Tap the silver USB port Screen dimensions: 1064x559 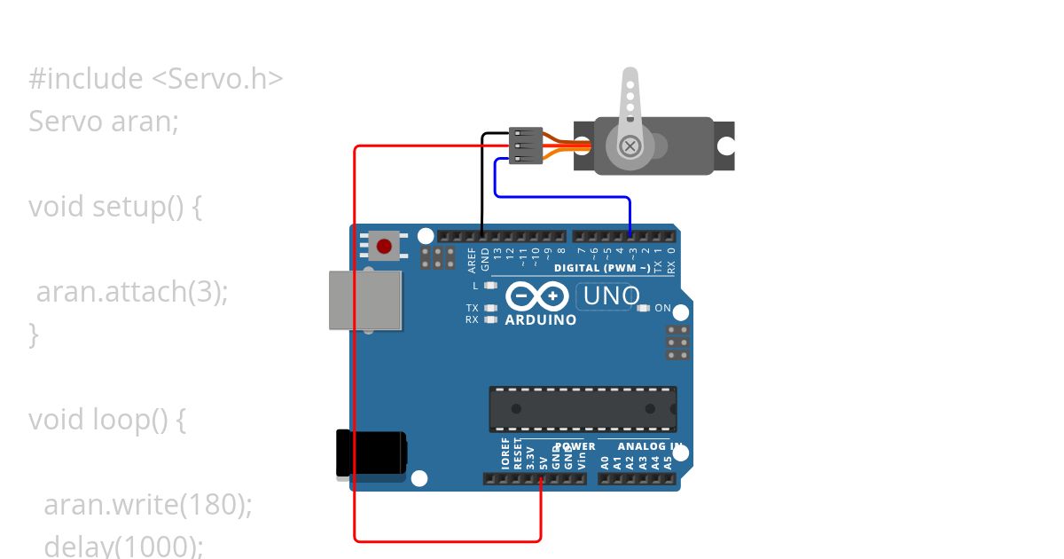[x=364, y=300]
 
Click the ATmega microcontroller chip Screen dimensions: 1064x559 [x=583, y=409]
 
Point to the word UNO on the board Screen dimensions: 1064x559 [x=611, y=295]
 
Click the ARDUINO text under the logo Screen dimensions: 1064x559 [x=540, y=319]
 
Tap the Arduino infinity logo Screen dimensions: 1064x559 [x=537, y=295]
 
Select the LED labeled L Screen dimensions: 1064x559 [x=491, y=286]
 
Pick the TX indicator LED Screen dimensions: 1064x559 [x=491, y=308]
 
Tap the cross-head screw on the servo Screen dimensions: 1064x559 [x=630, y=146]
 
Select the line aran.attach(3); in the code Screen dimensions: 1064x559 [x=132, y=292]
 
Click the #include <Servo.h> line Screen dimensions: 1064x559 [x=155, y=79]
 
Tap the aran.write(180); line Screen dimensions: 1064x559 [x=148, y=504]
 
